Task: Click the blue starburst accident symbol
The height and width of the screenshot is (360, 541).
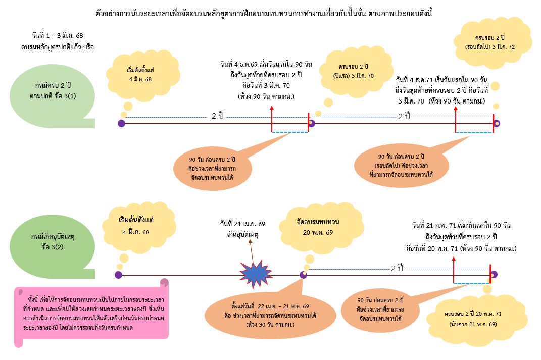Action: coord(256,274)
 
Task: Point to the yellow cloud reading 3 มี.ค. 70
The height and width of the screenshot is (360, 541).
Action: coord(356,71)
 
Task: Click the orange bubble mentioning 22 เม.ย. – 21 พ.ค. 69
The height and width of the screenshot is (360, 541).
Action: coord(270,316)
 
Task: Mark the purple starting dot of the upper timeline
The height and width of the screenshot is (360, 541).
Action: coord(121,123)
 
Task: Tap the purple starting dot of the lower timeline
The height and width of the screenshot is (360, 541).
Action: coord(118,275)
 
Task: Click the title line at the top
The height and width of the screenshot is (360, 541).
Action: coord(264,14)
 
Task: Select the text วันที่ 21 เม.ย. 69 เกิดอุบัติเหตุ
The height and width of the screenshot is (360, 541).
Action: coord(243,229)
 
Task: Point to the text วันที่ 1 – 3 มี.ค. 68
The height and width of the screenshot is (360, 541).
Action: coord(58,35)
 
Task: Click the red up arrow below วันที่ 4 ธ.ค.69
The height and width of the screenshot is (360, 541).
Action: coord(272,119)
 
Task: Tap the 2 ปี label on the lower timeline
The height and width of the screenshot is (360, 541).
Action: coord(397,268)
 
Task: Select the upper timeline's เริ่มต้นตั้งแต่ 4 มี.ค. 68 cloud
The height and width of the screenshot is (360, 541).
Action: coord(142,75)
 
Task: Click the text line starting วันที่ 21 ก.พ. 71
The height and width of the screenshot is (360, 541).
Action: coord(461,225)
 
